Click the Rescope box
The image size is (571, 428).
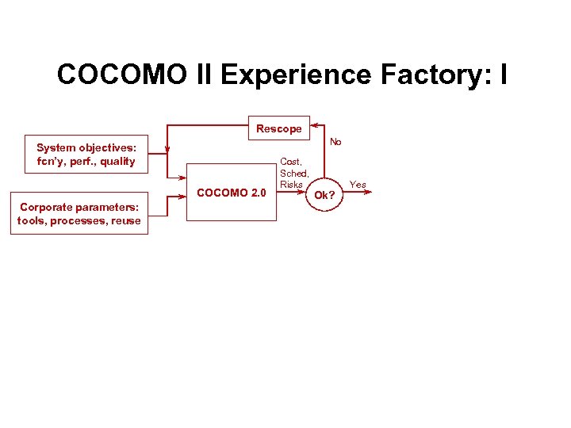[278, 128]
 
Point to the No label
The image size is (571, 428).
[335, 143]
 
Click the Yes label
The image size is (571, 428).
[358, 185]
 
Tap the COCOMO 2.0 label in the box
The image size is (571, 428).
[231, 193]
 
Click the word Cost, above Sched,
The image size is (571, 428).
[291, 162]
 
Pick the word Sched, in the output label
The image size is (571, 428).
[293, 173]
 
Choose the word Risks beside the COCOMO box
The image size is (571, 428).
[291, 184]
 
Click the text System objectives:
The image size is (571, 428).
[86, 147]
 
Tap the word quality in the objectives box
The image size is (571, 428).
[117, 161]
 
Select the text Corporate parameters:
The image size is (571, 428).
[79, 207]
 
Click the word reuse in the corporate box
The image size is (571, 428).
[125, 220]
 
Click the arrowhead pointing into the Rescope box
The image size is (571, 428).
[315, 125]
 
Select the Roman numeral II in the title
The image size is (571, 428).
[202, 75]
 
